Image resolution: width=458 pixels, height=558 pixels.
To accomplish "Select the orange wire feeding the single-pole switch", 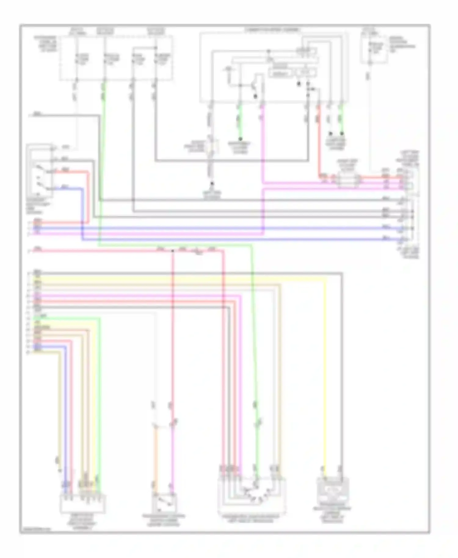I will coord(155,458).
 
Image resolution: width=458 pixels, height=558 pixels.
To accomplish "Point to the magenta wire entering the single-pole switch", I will coord(173,458).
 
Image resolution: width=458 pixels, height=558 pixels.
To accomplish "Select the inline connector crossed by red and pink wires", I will coord(347,180).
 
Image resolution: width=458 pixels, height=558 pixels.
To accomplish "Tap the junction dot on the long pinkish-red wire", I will coord(173,251).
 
